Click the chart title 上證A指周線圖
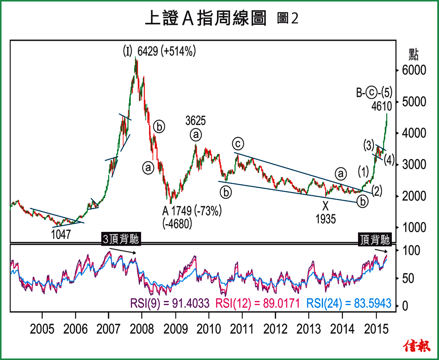[x=205, y=18]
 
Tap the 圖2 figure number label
[x=287, y=18]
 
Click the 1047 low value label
[x=61, y=234]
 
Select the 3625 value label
[x=195, y=120]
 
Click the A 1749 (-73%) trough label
[x=191, y=212]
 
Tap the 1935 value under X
[x=326, y=219]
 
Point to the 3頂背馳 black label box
[x=121, y=239]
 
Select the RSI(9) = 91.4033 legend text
[x=169, y=303]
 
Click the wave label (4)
[x=389, y=159]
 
